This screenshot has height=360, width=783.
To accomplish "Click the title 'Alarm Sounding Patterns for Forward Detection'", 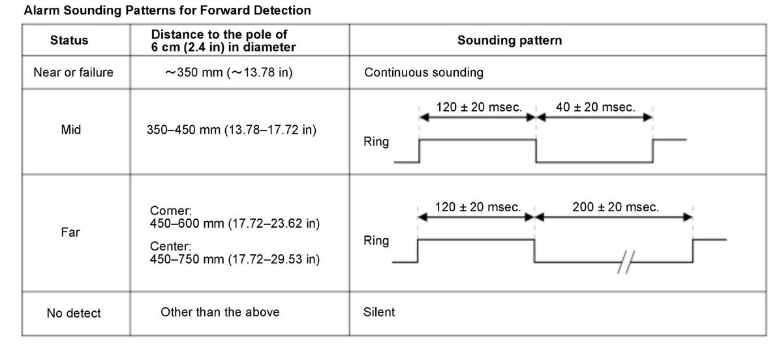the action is (167, 10).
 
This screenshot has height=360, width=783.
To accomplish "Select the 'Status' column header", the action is (69, 40).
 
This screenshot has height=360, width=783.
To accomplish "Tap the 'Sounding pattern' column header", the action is (510, 40).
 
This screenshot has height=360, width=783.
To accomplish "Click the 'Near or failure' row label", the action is (73, 72).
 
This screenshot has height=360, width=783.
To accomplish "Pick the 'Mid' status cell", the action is (71, 130).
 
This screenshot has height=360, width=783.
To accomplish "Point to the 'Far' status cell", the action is (70, 232).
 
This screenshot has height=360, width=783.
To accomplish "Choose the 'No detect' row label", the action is (74, 313).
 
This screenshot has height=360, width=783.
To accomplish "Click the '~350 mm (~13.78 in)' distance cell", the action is (229, 72).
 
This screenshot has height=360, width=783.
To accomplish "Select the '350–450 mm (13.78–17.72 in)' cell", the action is (232, 130).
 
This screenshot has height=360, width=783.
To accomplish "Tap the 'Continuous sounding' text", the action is (423, 72).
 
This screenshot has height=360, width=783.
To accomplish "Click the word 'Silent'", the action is (379, 312).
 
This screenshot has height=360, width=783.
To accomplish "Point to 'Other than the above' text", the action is (220, 312).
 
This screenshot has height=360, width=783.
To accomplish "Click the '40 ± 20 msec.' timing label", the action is (596, 107).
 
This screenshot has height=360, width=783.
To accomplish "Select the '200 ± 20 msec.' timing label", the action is (615, 207).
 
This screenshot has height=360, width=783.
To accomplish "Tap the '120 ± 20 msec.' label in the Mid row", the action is (479, 107).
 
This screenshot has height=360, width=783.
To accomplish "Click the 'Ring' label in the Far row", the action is (376, 241).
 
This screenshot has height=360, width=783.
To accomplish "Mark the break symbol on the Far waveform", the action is (626, 262).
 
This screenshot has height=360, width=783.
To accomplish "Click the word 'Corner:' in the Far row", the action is (170, 211).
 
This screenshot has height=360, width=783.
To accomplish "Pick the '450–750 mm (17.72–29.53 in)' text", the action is (235, 260).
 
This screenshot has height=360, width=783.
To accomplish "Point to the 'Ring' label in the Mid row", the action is (376, 142).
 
